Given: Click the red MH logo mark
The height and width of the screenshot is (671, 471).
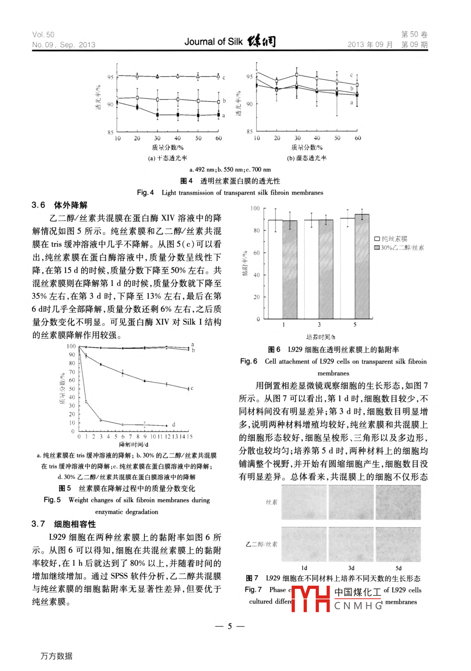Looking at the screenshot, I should tap(311, 599).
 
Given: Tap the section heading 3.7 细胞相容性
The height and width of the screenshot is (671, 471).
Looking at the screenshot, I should tap(64, 524).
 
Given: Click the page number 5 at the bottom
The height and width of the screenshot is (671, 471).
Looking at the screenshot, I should tap(230, 626).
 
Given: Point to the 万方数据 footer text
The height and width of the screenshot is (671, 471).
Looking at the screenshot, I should tap(57, 656).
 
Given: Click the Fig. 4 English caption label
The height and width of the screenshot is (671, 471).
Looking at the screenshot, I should tap(145, 193).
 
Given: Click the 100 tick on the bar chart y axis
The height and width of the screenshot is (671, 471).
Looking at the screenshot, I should tap(255, 208).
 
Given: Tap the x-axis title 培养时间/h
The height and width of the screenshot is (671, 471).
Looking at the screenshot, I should tap(320, 337).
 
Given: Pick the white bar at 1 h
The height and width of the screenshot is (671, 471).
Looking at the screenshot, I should tap(275, 269).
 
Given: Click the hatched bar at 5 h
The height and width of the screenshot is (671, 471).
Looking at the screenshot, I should tap(362, 266).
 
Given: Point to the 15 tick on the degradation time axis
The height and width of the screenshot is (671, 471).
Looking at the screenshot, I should tap(190, 437).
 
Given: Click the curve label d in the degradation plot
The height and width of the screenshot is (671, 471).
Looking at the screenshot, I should tap(174, 424).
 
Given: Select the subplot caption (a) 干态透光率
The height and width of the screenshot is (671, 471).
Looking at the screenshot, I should tap(167, 158).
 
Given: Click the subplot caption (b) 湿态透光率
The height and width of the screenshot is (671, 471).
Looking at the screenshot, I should tap(307, 158).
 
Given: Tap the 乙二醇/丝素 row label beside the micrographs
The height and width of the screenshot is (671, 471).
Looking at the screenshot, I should tap(261, 544).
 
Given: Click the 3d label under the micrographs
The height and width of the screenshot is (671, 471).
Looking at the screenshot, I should tap(351, 568).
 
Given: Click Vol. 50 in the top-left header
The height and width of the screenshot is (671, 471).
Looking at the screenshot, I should tap(43, 35).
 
